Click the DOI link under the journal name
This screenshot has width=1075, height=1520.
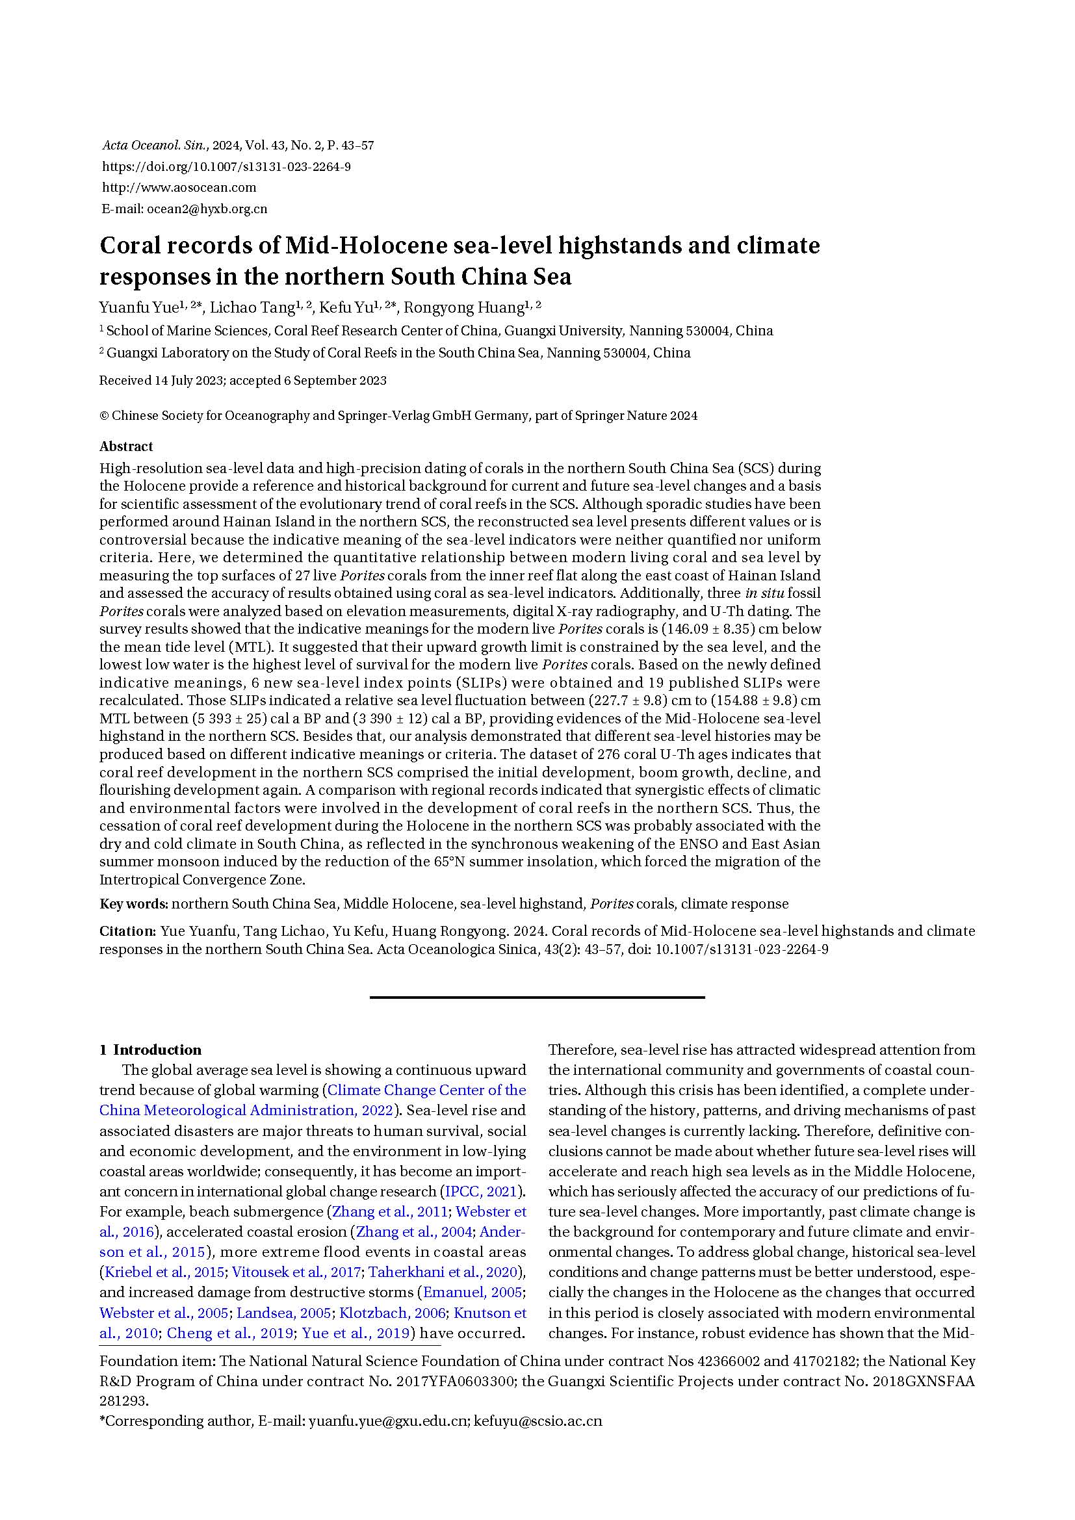point(226,167)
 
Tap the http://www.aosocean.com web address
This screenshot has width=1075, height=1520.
point(179,188)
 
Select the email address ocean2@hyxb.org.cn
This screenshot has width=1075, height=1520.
point(207,209)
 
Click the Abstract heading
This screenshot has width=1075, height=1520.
point(126,446)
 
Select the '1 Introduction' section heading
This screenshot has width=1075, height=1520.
point(150,1050)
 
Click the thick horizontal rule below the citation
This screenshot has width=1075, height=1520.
point(537,997)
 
